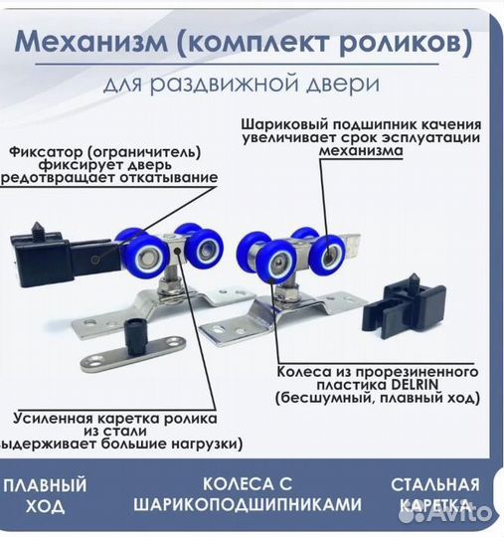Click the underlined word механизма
coord(361,153)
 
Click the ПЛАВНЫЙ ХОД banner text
coord(44,495)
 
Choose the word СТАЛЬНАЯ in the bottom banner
coord(434,485)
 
